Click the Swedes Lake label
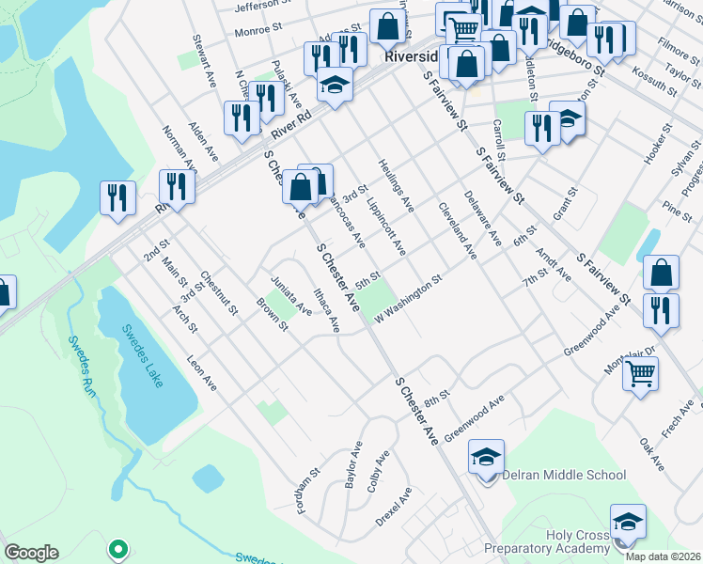pyautogui.click(x=142, y=349)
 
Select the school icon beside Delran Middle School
pyautogui.click(x=486, y=458)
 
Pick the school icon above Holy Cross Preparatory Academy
pyautogui.click(x=628, y=523)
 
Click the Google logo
pyautogui.click(x=31, y=553)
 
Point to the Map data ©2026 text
pyautogui.click(x=664, y=556)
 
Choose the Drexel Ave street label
pyautogui.click(x=394, y=507)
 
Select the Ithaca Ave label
pyautogui.click(x=327, y=310)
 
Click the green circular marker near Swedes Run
pyautogui.click(x=117, y=547)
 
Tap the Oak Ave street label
pyautogui.click(x=651, y=454)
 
